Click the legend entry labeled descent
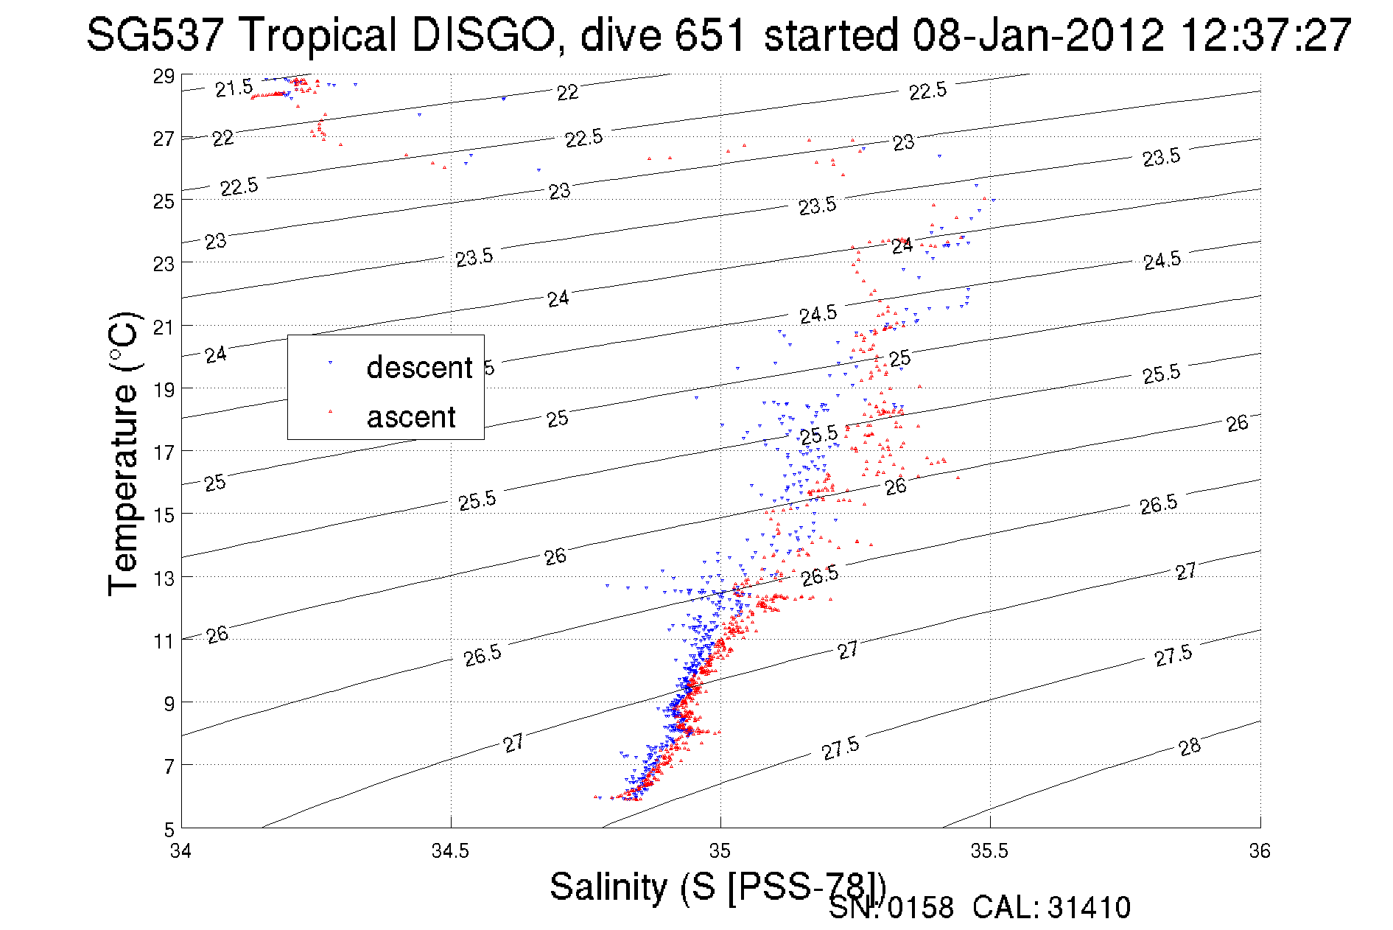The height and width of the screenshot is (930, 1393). tap(418, 367)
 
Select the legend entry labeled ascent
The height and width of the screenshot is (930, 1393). tap(411, 417)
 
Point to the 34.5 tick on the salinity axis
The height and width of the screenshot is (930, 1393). tap(450, 851)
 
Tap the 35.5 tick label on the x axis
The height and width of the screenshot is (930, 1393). tap(989, 851)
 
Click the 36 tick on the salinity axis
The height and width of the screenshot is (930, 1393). tap(1260, 851)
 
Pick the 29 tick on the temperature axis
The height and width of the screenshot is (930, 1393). tap(164, 76)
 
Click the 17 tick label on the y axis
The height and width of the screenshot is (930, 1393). tap(164, 452)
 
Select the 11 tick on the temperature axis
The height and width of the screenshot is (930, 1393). tap(164, 640)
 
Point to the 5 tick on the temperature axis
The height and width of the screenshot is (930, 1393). tap(169, 829)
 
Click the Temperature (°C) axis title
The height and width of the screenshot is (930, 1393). tap(123, 453)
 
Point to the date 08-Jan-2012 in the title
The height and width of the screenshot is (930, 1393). tap(1039, 35)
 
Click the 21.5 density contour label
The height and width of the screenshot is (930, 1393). tap(234, 88)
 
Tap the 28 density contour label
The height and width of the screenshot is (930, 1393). tap(1190, 747)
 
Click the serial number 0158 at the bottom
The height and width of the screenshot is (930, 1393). tap(920, 908)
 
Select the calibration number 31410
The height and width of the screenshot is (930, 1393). tap(1089, 908)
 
